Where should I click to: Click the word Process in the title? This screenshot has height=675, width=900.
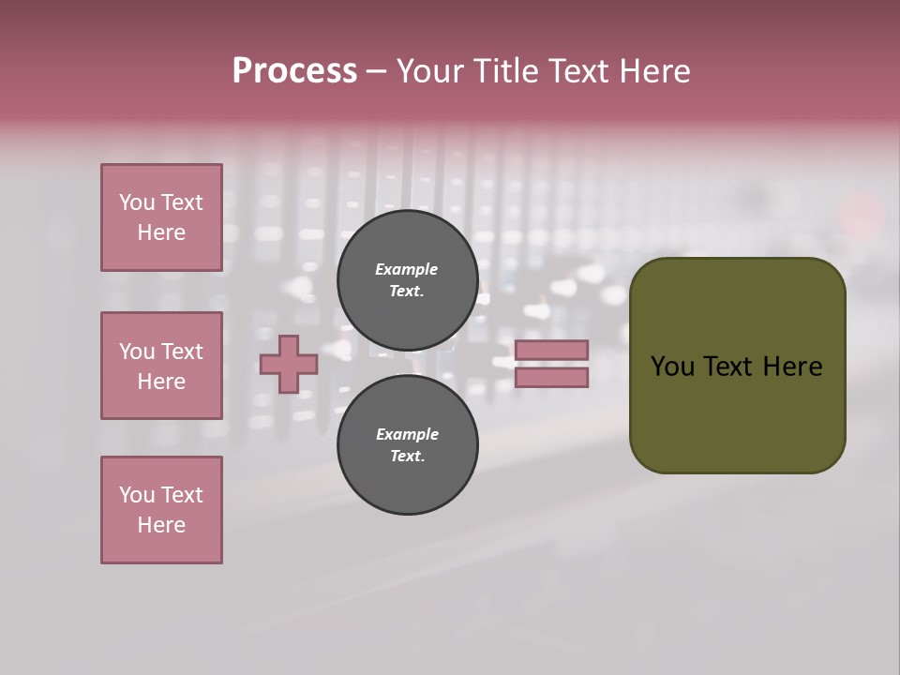[294, 71]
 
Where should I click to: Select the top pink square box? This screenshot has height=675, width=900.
[161, 217]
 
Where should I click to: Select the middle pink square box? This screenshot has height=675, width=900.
[161, 366]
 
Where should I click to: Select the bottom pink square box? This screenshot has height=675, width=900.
[161, 510]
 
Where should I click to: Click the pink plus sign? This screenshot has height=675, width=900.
[288, 364]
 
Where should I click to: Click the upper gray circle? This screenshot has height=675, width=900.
[408, 279]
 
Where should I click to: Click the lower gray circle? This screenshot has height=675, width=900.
[408, 444]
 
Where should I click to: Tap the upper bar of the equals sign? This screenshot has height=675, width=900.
[552, 350]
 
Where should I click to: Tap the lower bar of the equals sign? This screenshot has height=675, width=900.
[552, 377]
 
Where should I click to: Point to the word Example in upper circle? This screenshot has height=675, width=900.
[407, 269]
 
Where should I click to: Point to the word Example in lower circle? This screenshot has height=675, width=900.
[407, 434]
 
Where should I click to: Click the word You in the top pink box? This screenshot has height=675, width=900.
[136, 202]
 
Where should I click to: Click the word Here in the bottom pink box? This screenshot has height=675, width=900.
[161, 525]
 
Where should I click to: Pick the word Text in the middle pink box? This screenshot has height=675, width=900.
[182, 352]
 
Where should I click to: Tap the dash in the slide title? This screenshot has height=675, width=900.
[377, 71]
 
